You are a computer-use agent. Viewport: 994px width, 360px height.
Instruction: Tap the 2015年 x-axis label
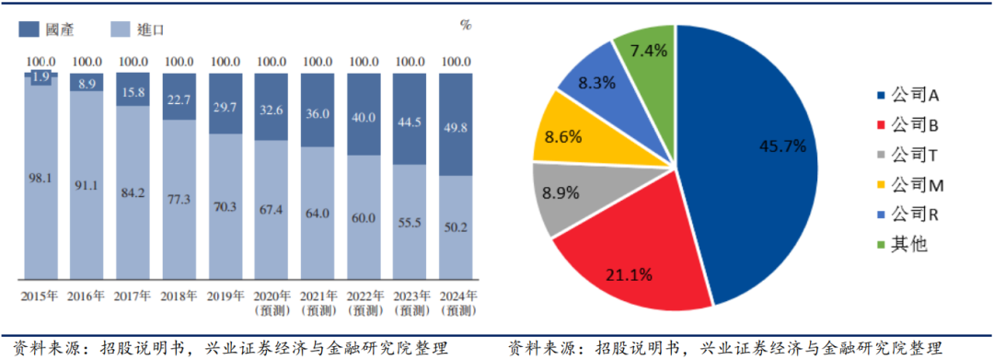(40, 296)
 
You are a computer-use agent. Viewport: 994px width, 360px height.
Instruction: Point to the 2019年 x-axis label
(225, 296)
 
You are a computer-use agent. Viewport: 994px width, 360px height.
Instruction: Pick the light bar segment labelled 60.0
(364, 216)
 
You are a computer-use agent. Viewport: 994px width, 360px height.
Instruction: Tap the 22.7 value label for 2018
(179, 99)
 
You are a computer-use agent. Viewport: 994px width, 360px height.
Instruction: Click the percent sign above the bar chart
(465, 25)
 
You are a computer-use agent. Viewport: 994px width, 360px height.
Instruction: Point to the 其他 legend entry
(901, 244)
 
